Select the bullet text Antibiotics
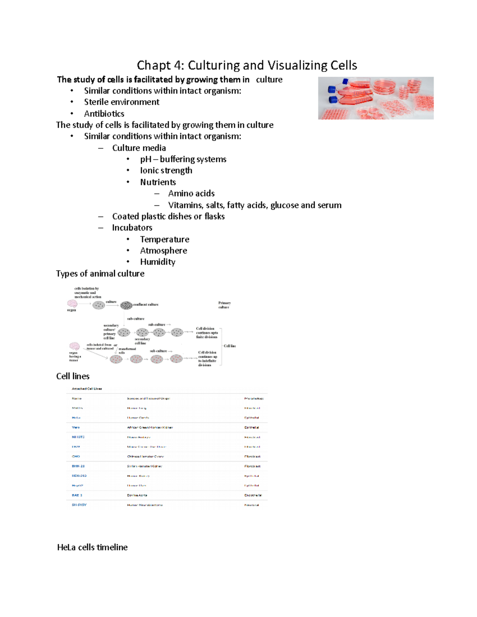click(x=104, y=114)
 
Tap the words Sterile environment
click(x=122, y=102)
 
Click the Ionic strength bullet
click(x=166, y=170)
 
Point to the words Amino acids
click(x=191, y=193)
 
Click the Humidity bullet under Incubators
click(x=157, y=262)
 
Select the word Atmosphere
click(x=163, y=251)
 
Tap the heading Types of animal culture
click(x=100, y=274)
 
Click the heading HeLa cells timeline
click(x=92, y=547)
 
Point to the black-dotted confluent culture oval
click(x=126, y=305)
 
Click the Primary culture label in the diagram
click(x=224, y=305)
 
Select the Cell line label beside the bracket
click(x=230, y=346)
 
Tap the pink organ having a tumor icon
click(x=74, y=346)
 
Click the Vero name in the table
click(x=76, y=427)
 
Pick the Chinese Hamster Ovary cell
click(x=145, y=456)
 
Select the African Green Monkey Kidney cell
click(x=150, y=427)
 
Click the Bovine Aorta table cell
click(x=137, y=495)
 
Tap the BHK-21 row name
click(x=78, y=466)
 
